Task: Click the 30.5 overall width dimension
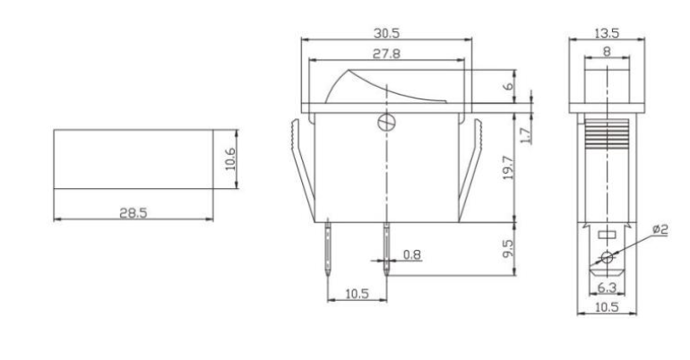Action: click(x=387, y=32)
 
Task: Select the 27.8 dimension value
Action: click(x=387, y=54)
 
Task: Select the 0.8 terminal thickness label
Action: click(x=412, y=254)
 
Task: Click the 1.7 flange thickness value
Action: click(x=525, y=134)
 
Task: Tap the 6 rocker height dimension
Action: click(x=510, y=88)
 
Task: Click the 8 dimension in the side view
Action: click(x=608, y=53)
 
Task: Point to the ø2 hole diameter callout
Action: click(x=660, y=231)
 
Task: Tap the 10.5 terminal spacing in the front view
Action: click(x=357, y=292)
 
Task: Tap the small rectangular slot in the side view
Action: click(x=607, y=234)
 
